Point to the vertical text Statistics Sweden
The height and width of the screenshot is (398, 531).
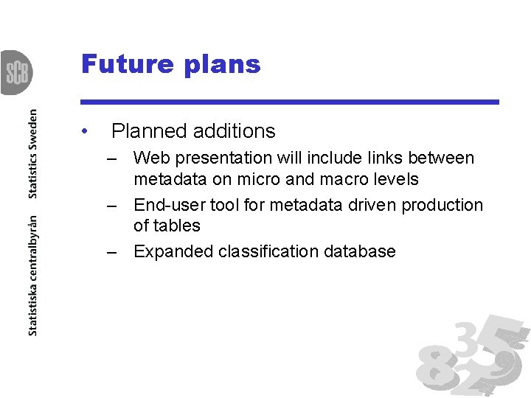(32, 154)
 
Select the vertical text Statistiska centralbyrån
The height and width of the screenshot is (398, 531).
(32, 276)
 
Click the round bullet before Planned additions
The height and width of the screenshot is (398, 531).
(86, 131)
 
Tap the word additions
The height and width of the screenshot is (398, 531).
(235, 131)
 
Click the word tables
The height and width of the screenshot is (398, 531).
(177, 226)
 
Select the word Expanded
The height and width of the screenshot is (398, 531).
(173, 251)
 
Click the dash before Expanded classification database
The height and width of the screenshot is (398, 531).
(111, 251)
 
